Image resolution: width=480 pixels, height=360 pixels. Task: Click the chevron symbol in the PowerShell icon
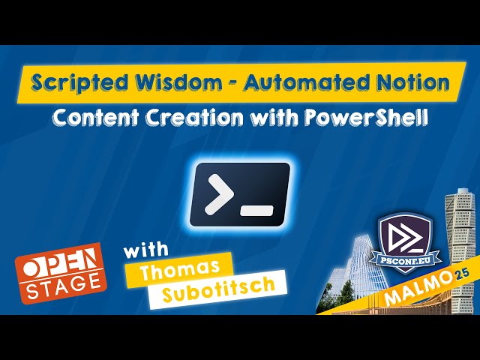[x=217, y=193]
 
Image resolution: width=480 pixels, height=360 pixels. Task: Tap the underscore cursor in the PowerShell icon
[x=257, y=211]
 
